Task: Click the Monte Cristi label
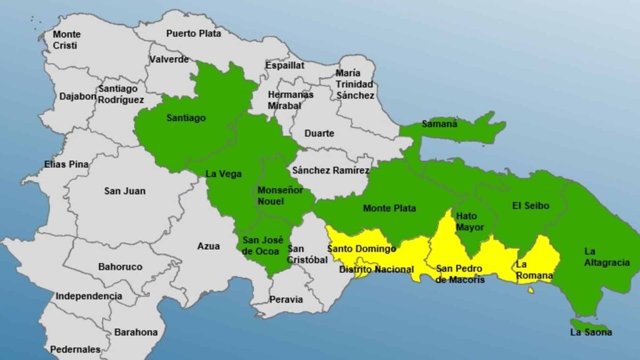pos(66,39)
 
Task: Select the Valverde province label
pos(169,59)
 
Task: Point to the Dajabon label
pos(78,96)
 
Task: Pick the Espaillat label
pos(285,65)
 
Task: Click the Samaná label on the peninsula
pos(439,124)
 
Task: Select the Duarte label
pos(319,134)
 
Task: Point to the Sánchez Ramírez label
pos(331,171)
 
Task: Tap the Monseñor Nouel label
pos(280,196)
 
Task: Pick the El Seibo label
pos(531,206)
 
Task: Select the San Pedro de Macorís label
pos(460,274)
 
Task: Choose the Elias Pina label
pos(66,164)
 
